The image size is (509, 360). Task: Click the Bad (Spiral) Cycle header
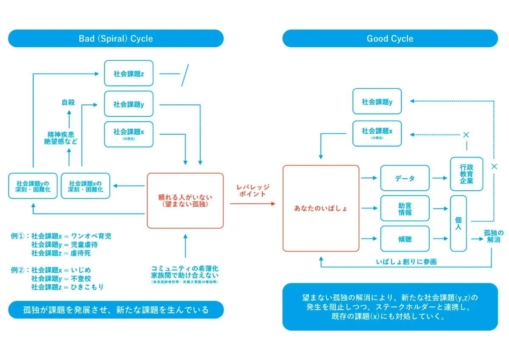[x=116, y=39]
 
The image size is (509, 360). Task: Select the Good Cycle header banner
[x=390, y=39]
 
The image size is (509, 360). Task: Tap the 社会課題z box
[x=129, y=73]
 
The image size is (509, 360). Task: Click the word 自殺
[x=68, y=102]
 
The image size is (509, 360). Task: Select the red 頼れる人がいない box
[x=185, y=200]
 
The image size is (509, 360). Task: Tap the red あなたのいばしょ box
[x=321, y=208]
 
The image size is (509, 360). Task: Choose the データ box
[x=405, y=178]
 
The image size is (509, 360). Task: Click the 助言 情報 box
[x=405, y=208]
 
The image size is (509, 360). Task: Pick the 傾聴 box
[x=405, y=239]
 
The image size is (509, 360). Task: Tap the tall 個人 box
[x=458, y=223]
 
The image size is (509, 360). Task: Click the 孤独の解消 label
[x=494, y=236]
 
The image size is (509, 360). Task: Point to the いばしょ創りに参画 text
[x=406, y=262]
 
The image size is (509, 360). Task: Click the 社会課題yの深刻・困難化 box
[x=32, y=186]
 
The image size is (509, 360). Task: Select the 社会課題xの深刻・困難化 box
[x=85, y=186]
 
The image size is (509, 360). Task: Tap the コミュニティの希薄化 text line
[x=185, y=269]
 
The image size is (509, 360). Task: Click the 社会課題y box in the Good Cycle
[x=377, y=102]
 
